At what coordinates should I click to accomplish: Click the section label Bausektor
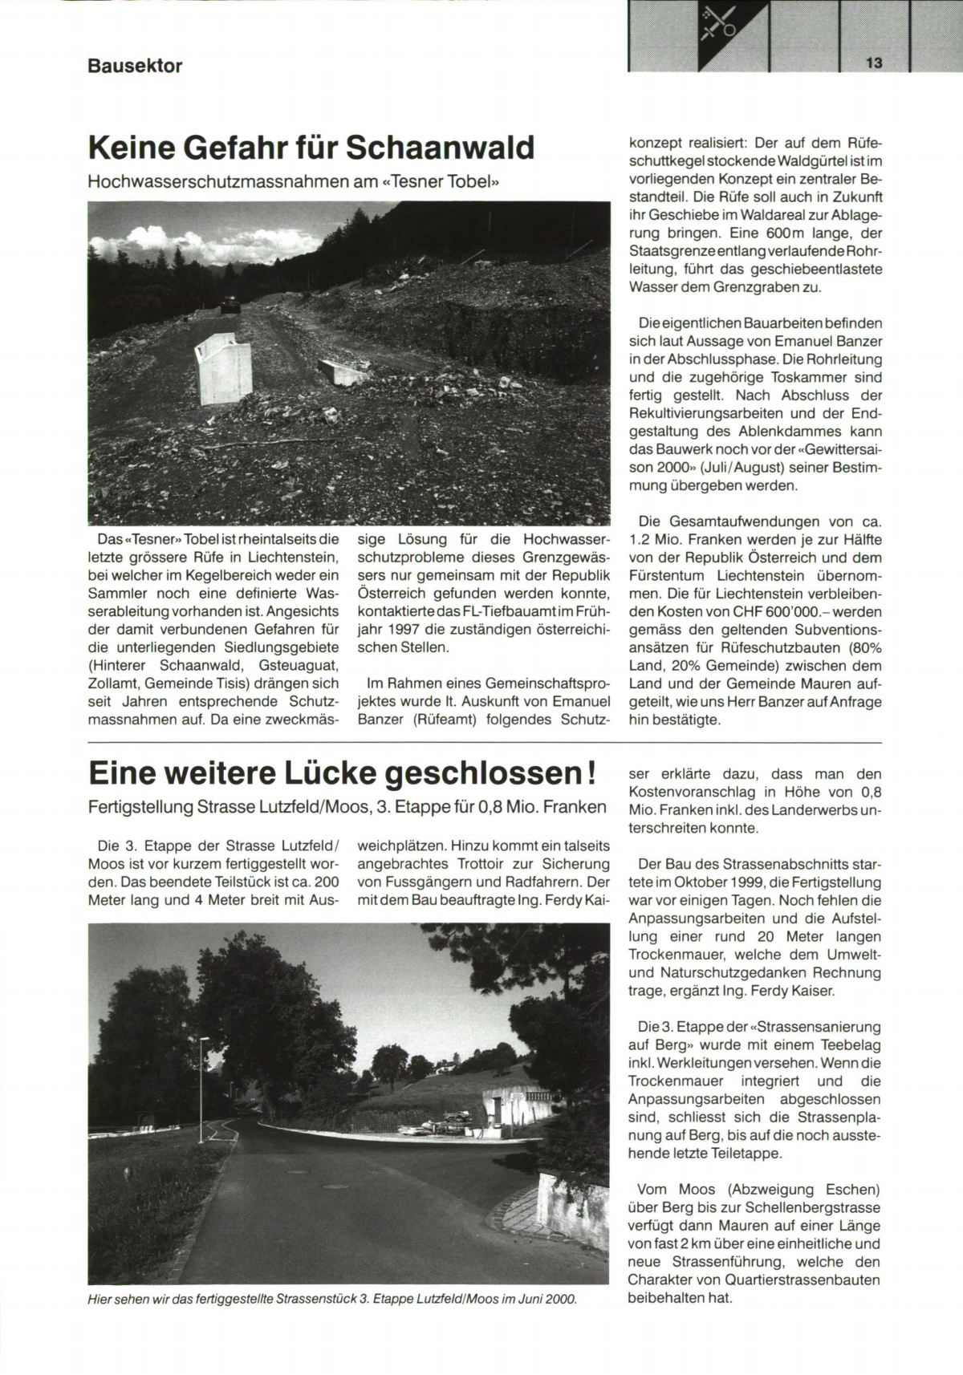coord(135,66)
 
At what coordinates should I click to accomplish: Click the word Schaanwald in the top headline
coord(441,148)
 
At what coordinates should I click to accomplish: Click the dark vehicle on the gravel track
coord(230,305)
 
